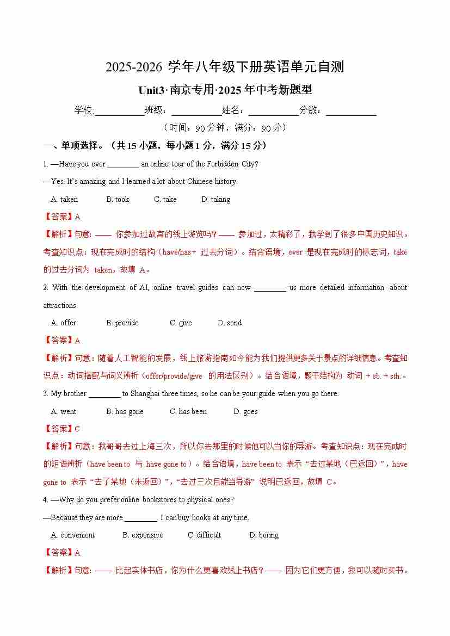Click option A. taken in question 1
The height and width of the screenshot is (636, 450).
(64, 200)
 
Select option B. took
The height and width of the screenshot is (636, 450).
(118, 200)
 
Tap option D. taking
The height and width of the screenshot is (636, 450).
(216, 200)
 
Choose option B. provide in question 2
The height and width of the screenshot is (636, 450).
(122, 323)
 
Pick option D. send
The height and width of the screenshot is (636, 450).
(230, 323)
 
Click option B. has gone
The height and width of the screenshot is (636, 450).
(125, 412)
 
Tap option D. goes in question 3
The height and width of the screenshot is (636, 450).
(245, 412)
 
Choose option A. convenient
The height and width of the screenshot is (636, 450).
(73, 535)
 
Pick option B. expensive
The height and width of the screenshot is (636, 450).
(143, 535)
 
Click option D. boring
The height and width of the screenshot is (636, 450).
(264, 535)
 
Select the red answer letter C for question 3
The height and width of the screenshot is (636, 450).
(77, 429)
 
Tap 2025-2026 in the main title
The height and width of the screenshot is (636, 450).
(134, 67)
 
